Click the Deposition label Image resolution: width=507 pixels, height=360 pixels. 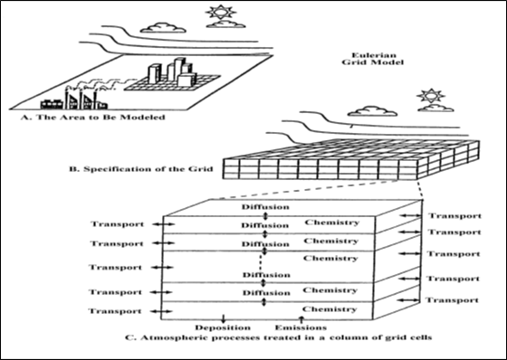[x=223, y=327]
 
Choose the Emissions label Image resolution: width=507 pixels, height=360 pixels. [x=301, y=327]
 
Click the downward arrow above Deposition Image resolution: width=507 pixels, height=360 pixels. [x=223, y=318]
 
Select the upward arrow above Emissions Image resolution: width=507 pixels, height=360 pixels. [x=301, y=319]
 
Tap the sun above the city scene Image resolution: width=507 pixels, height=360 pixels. [x=221, y=13]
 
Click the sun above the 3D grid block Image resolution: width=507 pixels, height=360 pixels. [x=431, y=96]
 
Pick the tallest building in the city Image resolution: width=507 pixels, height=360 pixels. [x=179, y=69]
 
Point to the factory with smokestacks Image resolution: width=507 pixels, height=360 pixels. [x=81, y=100]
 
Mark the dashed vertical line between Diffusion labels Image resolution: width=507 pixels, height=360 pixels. [x=261, y=262]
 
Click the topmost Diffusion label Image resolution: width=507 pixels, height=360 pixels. [x=265, y=207]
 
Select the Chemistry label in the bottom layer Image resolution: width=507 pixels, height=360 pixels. [x=330, y=309]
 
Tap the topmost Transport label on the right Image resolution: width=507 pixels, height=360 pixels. [x=454, y=216]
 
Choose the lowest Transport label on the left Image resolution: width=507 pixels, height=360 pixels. [x=115, y=311]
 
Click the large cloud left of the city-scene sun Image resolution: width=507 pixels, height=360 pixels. [x=163, y=27]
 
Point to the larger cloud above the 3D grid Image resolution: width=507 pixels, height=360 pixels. [x=372, y=111]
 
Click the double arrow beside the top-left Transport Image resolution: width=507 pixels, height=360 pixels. [x=164, y=224]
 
